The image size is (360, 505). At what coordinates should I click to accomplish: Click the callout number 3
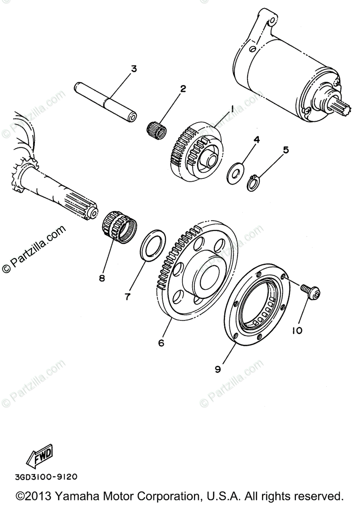[134, 69]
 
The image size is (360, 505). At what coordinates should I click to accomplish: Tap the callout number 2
[183, 88]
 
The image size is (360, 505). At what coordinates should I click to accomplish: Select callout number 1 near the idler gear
[231, 109]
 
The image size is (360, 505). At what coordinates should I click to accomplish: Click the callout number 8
[102, 278]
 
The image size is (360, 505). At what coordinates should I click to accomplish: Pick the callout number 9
[218, 369]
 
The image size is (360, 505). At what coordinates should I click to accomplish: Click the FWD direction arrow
[39, 454]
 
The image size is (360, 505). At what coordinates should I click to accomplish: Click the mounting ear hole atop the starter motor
[273, 19]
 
